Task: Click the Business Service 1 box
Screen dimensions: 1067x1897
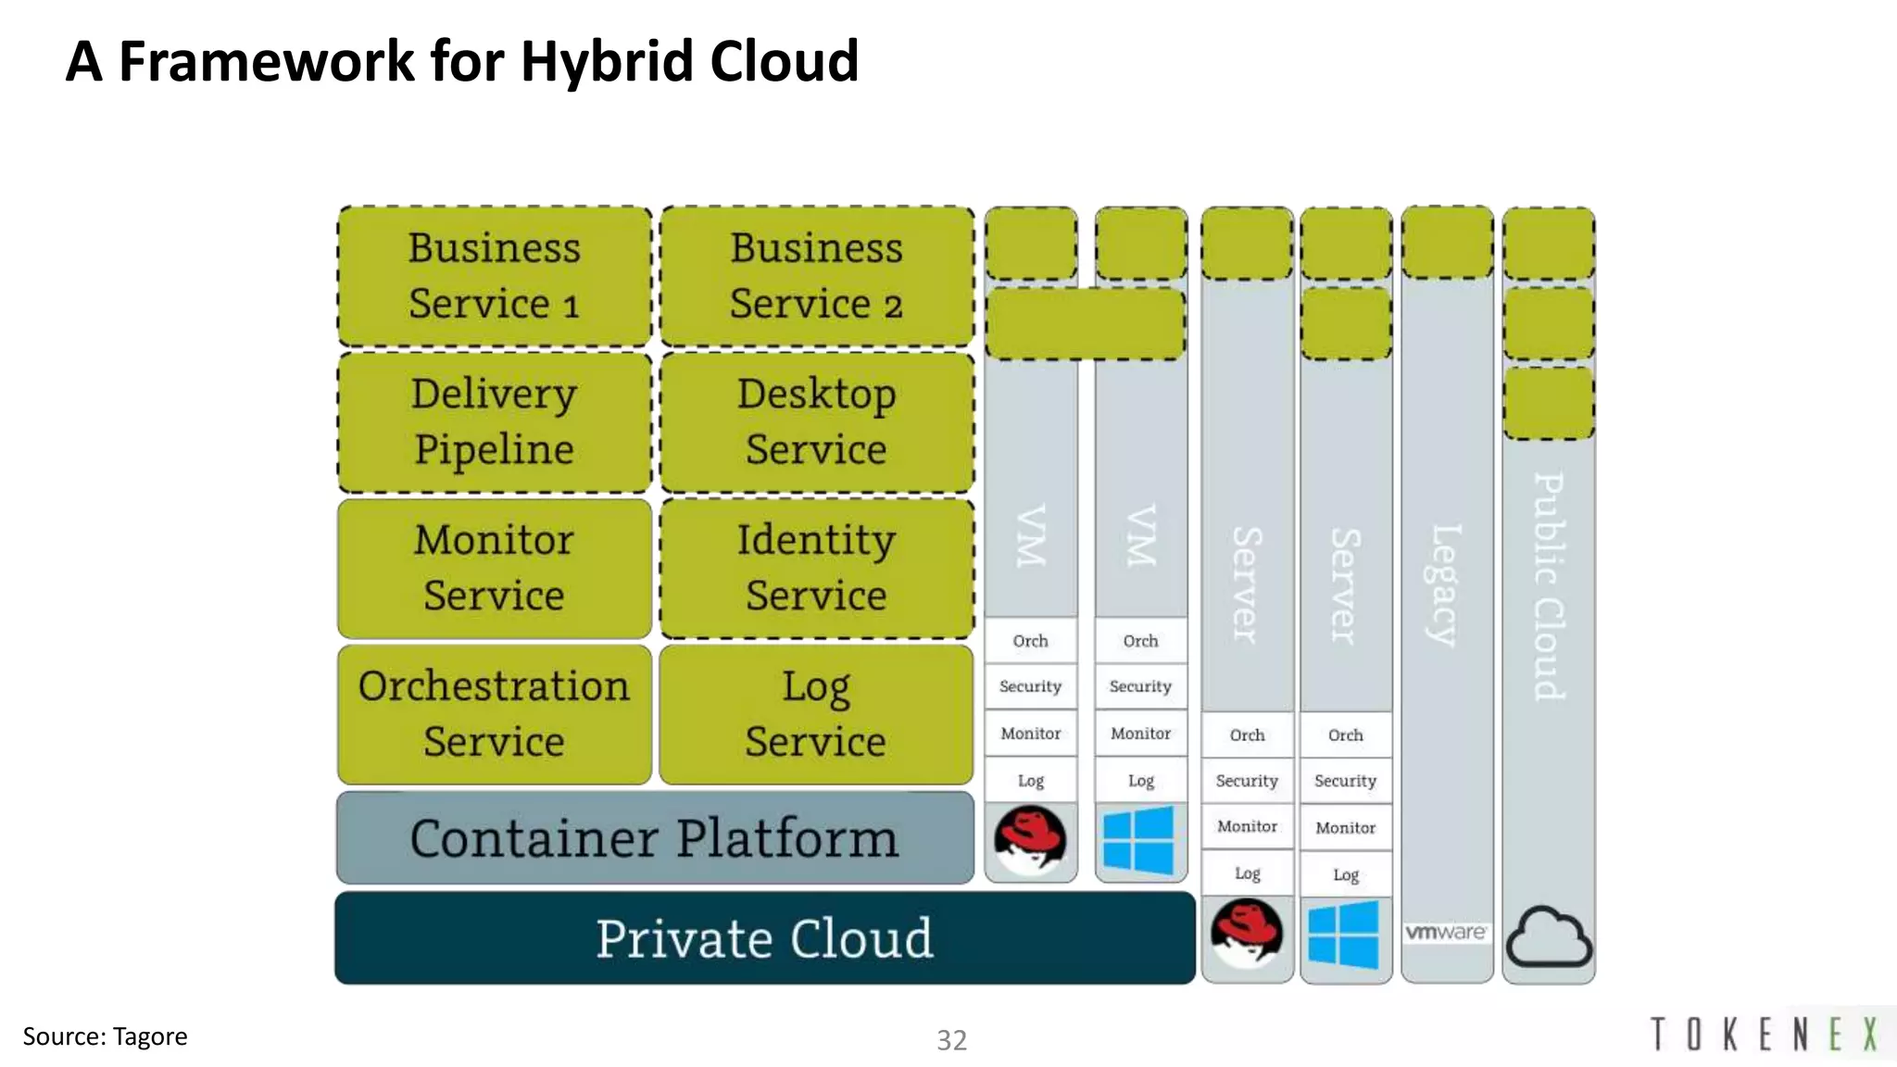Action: click(x=495, y=276)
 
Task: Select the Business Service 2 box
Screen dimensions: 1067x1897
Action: click(x=816, y=276)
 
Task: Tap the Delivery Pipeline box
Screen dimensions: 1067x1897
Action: click(x=495, y=422)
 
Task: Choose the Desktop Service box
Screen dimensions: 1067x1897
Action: click(x=816, y=422)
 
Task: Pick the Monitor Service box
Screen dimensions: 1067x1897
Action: click(x=495, y=568)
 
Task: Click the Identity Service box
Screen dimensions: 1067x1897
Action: click(x=816, y=568)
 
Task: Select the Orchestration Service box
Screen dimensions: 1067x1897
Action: click(x=495, y=714)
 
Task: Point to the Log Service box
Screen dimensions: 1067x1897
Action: click(x=816, y=714)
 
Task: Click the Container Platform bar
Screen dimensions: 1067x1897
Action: click(x=655, y=838)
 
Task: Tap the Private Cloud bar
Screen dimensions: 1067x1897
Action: click(x=764, y=938)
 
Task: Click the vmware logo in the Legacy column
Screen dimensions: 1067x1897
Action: click(x=1446, y=932)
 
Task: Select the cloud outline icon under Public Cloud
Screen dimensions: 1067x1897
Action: click(x=1549, y=937)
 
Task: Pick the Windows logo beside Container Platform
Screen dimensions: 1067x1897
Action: click(x=1139, y=840)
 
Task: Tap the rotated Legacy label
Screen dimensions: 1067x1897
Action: click(x=1445, y=585)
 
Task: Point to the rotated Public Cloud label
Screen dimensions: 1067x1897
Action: click(x=1549, y=586)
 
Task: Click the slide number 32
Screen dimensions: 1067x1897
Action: click(x=951, y=1040)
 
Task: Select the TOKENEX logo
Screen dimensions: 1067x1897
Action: click(x=1765, y=1034)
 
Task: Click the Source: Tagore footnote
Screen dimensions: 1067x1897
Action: click(x=105, y=1036)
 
